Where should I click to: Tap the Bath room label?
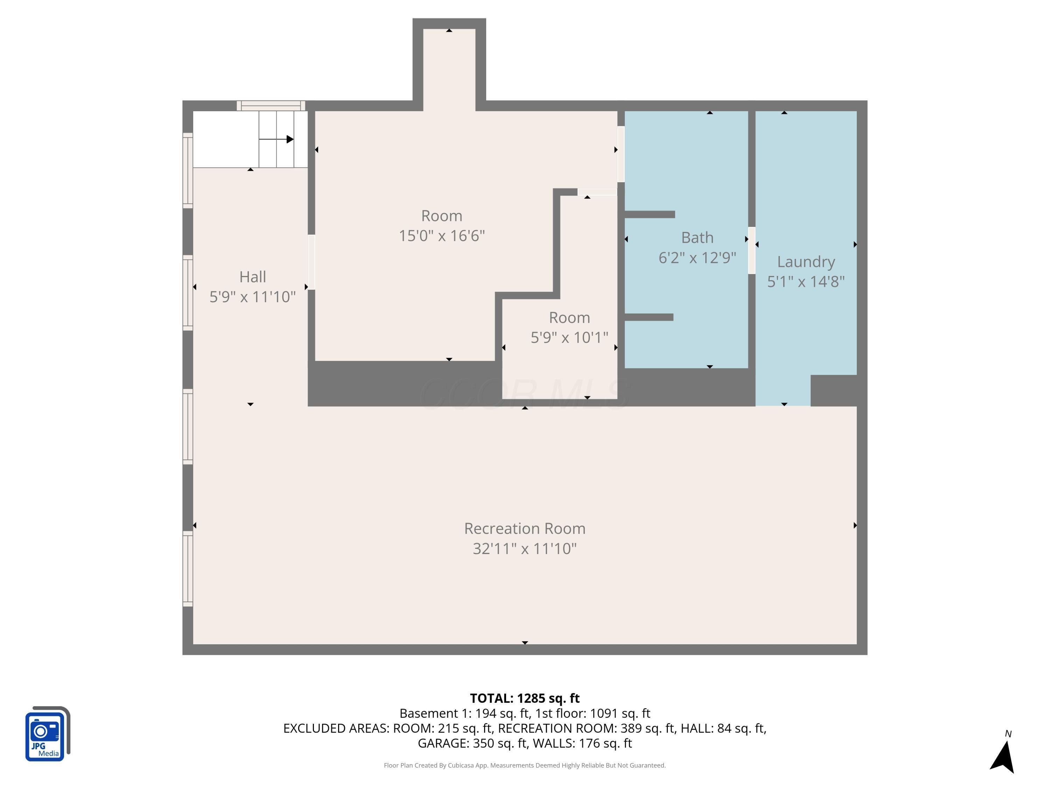pos(697,237)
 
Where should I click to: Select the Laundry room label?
pos(806,262)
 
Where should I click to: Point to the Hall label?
pos(253,277)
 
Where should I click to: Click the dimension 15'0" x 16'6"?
pos(441,236)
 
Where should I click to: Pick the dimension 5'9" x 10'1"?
pos(569,337)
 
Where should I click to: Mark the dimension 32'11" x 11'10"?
pos(525,548)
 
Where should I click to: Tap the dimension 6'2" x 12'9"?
pos(697,257)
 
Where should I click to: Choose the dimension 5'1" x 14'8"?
pos(806,282)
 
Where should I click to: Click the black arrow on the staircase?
pos(276,139)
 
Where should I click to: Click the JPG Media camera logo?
pos(48,733)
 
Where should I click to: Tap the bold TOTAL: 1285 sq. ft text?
pos(525,698)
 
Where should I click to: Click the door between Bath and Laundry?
pos(751,250)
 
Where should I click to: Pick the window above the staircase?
pos(271,105)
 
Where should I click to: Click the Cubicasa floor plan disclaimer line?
pos(525,765)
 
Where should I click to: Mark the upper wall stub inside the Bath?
pos(649,214)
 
